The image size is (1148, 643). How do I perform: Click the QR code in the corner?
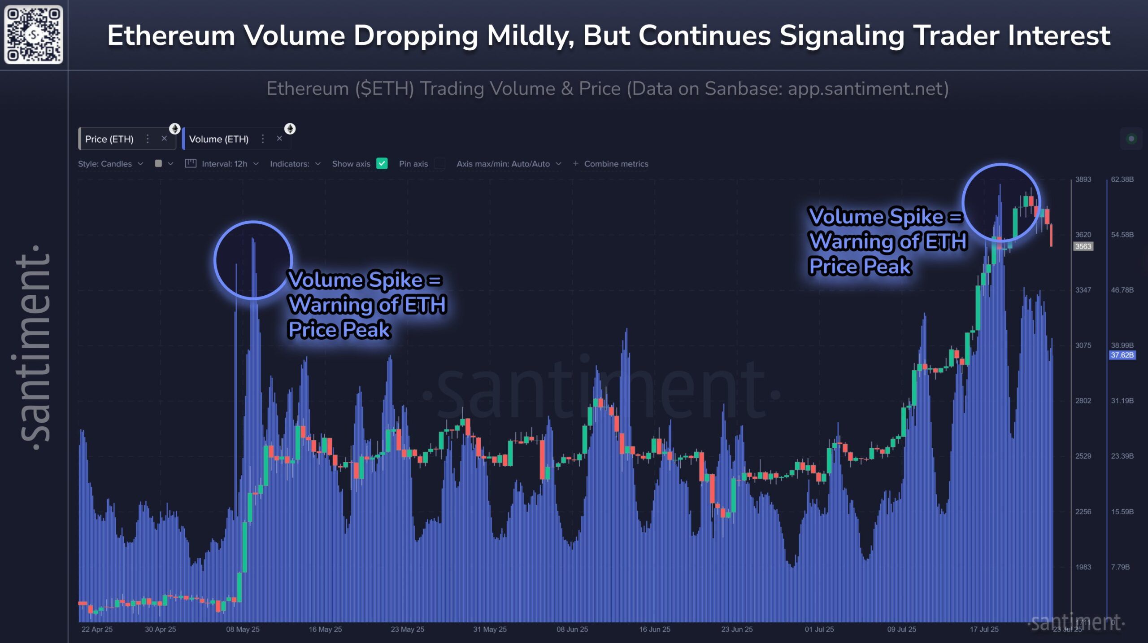pyautogui.click(x=34, y=35)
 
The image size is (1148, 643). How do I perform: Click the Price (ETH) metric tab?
pyautogui.click(x=109, y=139)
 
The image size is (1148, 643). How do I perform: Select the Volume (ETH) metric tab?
pyautogui.click(x=218, y=139)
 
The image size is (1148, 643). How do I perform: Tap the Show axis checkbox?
pyautogui.click(x=382, y=164)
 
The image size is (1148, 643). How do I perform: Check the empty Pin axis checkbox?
pyautogui.click(x=440, y=164)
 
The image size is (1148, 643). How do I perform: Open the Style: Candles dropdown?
pyautogui.click(x=110, y=164)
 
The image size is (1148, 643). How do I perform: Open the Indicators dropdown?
pyautogui.click(x=295, y=164)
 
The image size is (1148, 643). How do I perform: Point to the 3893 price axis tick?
pyautogui.click(x=1083, y=179)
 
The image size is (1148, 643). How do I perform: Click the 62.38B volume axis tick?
pyautogui.click(x=1122, y=179)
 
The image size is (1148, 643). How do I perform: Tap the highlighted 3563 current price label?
pyautogui.click(x=1083, y=246)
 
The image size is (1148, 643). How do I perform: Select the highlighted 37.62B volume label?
pyautogui.click(x=1122, y=355)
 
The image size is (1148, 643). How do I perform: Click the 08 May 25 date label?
pyautogui.click(x=243, y=629)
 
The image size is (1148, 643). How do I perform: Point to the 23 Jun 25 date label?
pyautogui.click(x=737, y=629)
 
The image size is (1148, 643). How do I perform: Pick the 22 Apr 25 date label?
pyautogui.click(x=97, y=629)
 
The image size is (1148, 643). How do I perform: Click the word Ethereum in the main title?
pyautogui.click(x=171, y=36)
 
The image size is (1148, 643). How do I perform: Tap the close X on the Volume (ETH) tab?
pyautogui.click(x=279, y=139)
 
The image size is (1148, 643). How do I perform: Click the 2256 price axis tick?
pyautogui.click(x=1083, y=512)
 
